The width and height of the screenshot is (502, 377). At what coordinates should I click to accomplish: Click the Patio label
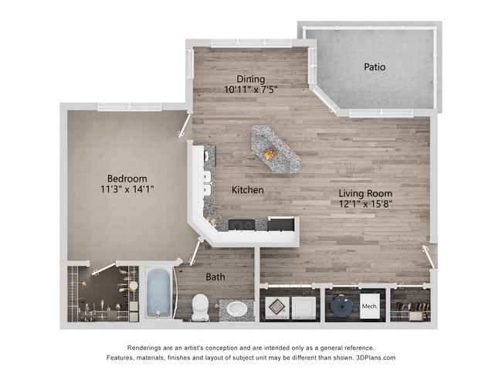coord(375,67)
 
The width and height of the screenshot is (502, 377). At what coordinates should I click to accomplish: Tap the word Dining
coord(251,79)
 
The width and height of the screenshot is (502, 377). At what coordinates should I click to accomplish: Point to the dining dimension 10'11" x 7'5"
coord(251,90)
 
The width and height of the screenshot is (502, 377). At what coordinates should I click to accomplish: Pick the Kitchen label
coord(248,190)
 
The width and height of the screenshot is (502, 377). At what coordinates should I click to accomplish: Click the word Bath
coord(215,276)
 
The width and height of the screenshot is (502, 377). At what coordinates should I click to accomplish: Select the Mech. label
coord(370,307)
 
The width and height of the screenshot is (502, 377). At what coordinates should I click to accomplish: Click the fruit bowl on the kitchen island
coord(270,154)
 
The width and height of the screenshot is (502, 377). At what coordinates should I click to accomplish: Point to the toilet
coord(200,306)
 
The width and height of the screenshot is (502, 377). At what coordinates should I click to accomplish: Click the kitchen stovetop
coord(242,225)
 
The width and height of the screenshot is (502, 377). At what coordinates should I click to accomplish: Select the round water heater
coord(340,307)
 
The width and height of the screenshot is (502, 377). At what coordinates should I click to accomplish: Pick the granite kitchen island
coord(275,148)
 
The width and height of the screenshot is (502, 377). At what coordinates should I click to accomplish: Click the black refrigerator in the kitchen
coord(281,224)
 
